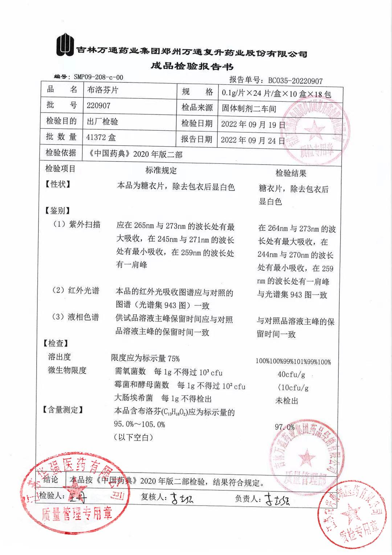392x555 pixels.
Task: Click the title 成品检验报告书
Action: (x=192, y=66)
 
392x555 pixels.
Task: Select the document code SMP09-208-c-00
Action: (x=98, y=77)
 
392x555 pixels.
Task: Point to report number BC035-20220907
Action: (x=295, y=81)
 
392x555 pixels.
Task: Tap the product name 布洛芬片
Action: (x=103, y=90)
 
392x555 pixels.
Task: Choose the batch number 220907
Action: (x=98, y=106)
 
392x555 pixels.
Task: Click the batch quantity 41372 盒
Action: (x=101, y=137)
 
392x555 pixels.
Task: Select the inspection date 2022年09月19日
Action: (x=253, y=124)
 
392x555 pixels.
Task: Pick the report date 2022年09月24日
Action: (x=253, y=140)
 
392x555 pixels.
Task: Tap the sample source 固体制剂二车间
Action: (x=249, y=108)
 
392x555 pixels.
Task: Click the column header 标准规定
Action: (x=161, y=170)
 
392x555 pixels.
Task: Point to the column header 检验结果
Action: (x=291, y=173)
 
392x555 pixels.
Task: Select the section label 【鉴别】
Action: (x=57, y=211)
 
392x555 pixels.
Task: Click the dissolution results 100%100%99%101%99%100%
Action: (x=293, y=361)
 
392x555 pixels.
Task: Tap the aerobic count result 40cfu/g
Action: (x=291, y=374)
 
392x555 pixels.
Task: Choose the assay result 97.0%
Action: (x=285, y=427)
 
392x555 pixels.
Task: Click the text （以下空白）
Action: (x=133, y=437)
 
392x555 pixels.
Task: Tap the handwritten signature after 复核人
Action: (x=182, y=498)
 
